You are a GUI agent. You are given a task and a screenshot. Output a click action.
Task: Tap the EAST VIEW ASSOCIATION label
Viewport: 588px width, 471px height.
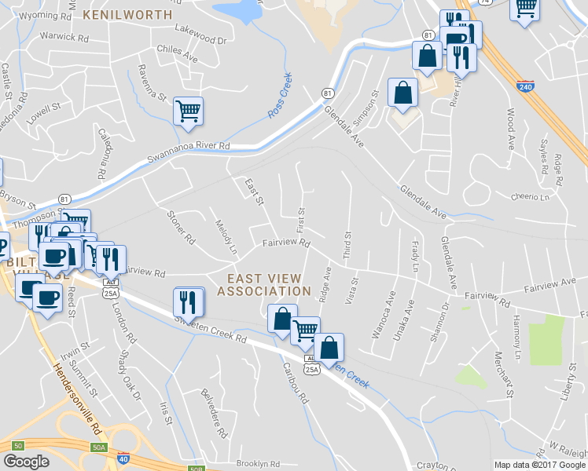pyautogui.click(x=263, y=285)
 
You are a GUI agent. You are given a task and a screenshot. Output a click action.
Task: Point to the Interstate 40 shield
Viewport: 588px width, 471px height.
pyautogui.click(x=123, y=458)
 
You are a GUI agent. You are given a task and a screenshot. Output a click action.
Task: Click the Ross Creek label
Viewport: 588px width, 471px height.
pyautogui.click(x=280, y=95)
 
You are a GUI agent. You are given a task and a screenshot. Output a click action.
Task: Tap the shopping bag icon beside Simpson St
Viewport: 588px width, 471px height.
pyautogui.click(x=402, y=92)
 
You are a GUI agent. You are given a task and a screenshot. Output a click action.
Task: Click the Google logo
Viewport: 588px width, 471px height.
pyautogui.click(x=26, y=462)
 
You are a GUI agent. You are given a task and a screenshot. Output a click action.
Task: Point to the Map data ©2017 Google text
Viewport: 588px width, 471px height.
pyautogui.click(x=539, y=465)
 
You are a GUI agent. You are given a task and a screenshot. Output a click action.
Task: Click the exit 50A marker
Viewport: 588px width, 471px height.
pyautogui.click(x=98, y=447)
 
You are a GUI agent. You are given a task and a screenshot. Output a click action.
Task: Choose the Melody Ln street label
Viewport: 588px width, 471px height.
pyautogui.click(x=225, y=236)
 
